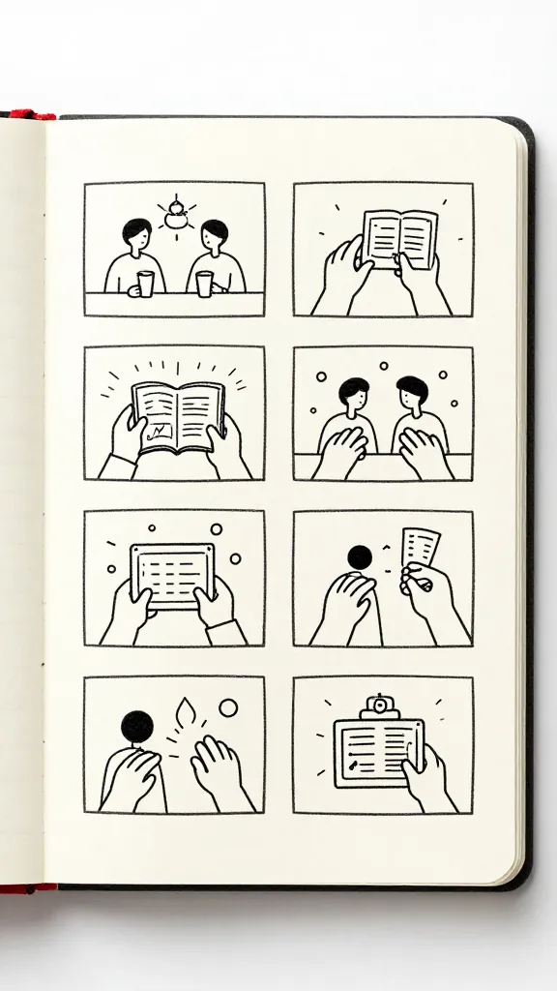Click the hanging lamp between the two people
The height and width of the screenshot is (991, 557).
[175, 217]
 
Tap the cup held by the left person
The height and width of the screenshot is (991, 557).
[145, 283]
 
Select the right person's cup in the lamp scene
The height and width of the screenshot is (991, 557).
[204, 283]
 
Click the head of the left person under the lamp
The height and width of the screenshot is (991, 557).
[136, 233]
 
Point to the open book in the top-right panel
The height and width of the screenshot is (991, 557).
[399, 238]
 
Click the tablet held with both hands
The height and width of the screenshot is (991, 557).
[174, 575]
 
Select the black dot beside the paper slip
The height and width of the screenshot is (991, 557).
[359, 556]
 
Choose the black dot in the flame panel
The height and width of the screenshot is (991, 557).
[137, 726]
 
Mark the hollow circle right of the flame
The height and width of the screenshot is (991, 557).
[228, 707]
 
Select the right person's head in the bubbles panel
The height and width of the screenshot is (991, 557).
[413, 392]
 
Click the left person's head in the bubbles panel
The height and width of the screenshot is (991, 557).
[353, 393]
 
